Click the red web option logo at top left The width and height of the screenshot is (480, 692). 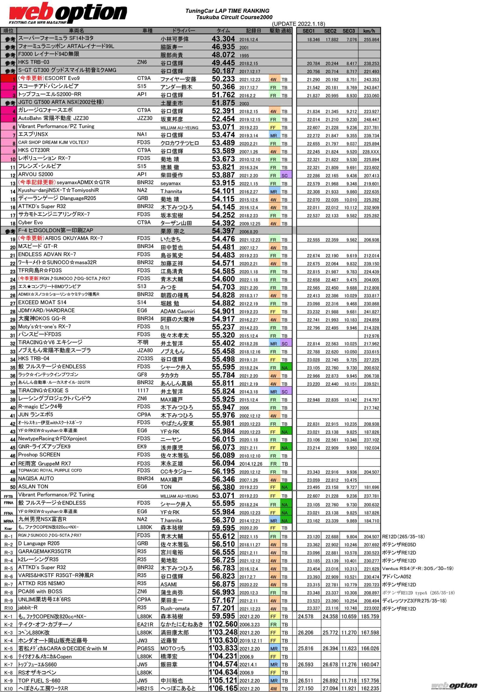(68, 13)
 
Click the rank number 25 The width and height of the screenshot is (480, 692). (13, 288)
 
